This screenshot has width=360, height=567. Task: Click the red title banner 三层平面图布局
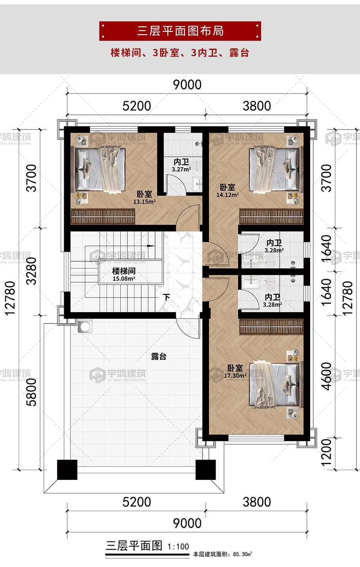click(x=180, y=31)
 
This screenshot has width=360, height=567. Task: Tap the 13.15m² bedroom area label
click(x=144, y=202)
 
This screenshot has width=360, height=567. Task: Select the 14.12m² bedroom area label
click(x=227, y=195)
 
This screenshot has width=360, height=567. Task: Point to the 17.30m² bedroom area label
click(x=235, y=376)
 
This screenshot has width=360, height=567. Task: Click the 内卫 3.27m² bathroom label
click(x=182, y=166)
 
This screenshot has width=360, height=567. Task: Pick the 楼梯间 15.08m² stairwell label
click(x=124, y=275)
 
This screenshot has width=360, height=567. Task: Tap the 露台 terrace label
click(x=159, y=356)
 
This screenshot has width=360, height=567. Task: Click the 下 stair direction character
click(x=166, y=297)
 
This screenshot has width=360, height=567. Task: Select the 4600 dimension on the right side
click(x=326, y=377)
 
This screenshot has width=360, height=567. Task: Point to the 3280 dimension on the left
click(x=32, y=271)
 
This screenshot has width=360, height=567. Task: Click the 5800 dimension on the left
click(x=32, y=392)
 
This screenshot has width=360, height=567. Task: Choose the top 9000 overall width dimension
click(x=187, y=85)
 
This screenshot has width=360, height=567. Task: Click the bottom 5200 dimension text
click(x=136, y=502)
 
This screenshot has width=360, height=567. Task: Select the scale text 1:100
click(x=178, y=547)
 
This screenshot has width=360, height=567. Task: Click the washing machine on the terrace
click(x=85, y=325)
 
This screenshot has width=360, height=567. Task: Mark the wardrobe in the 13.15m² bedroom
click(x=103, y=217)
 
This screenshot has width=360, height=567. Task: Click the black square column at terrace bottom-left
click(x=67, y=470)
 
